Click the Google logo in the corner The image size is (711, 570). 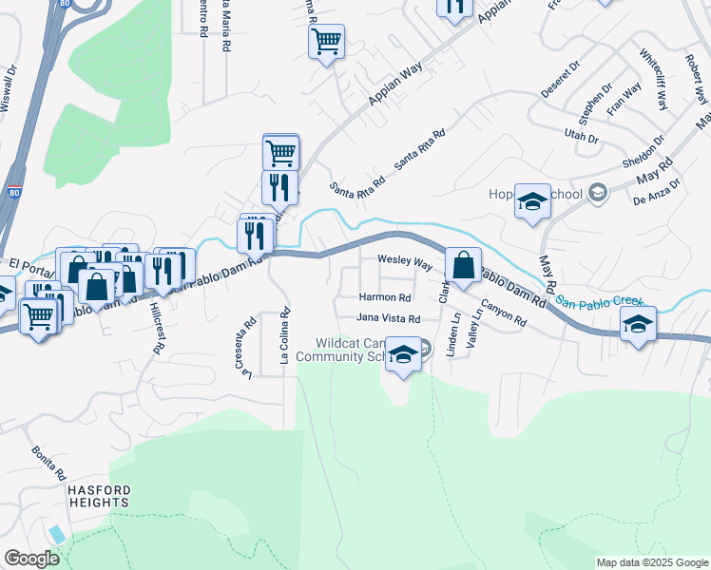pos(31,559)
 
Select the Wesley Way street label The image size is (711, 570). pos(405,259)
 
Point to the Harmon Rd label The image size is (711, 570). pos(384,297)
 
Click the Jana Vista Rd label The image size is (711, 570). pos(388,318)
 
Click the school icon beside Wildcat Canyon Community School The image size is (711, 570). pos(404,355)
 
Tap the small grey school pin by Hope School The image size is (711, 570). pos(597,194)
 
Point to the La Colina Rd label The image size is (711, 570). pos(283,336)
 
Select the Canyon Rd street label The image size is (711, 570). pos(503,313)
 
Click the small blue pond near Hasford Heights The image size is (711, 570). pos(57,534)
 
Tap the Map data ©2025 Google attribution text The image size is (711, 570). pos(651,562)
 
